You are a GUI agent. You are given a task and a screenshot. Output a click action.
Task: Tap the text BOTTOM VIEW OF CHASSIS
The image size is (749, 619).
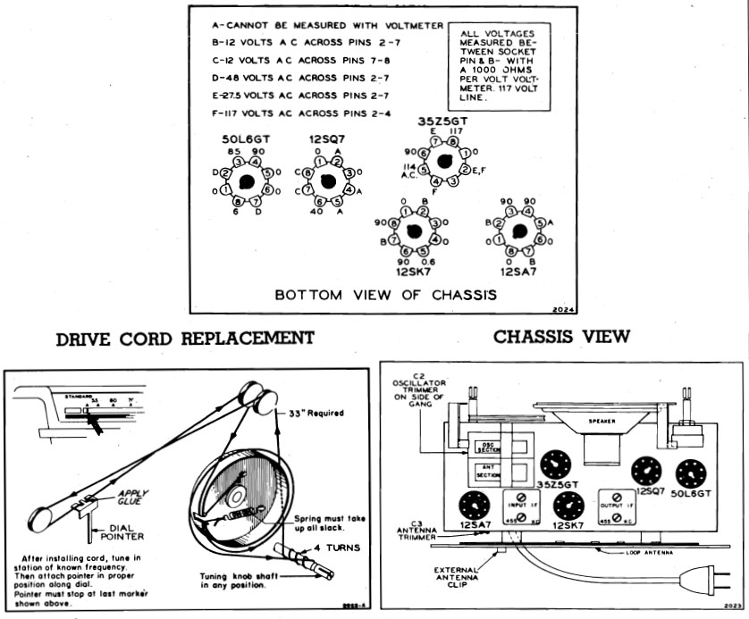click(385, 294)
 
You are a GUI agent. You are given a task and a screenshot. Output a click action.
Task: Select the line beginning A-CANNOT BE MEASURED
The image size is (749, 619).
click(315, 25)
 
